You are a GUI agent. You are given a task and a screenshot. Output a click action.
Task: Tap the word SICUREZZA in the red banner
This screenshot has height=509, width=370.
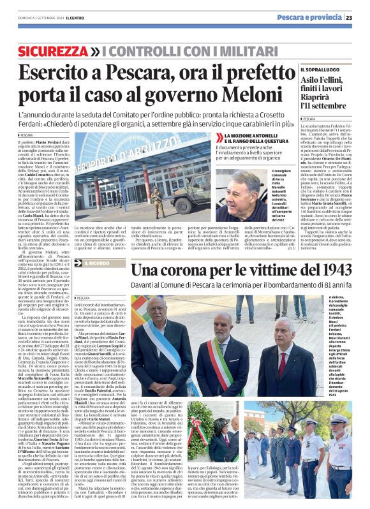tap(53, 50)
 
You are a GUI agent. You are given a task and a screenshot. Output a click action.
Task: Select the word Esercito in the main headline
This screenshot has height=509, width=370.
tap(57, 74)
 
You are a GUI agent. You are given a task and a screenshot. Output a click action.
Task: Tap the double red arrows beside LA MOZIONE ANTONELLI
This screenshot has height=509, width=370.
tap(219, 138)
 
